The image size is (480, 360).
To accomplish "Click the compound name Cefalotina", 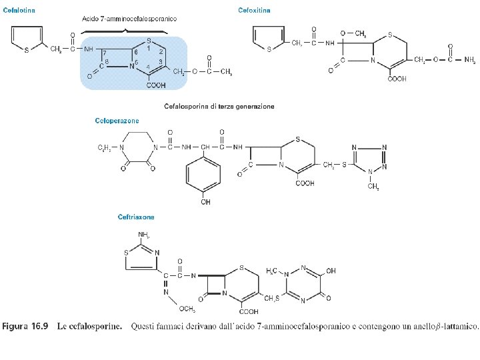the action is [19, 11].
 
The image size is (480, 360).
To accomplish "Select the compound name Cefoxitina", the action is [254, 11].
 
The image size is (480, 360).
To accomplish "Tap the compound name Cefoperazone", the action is [117, 121].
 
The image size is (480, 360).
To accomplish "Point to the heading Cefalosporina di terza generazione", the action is [219, 106].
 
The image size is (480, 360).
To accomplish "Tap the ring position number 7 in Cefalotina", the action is [105, 53].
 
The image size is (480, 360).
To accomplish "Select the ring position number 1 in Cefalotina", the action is [148, 48].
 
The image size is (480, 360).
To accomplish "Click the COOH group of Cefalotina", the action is [156, 85].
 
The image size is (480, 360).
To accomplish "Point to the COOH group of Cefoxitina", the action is [396, 79].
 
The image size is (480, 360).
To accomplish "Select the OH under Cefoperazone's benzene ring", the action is [205, 202].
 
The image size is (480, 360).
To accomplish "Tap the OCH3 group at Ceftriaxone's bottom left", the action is [187, 309].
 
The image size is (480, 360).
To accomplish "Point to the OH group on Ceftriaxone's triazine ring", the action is [331, 271].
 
